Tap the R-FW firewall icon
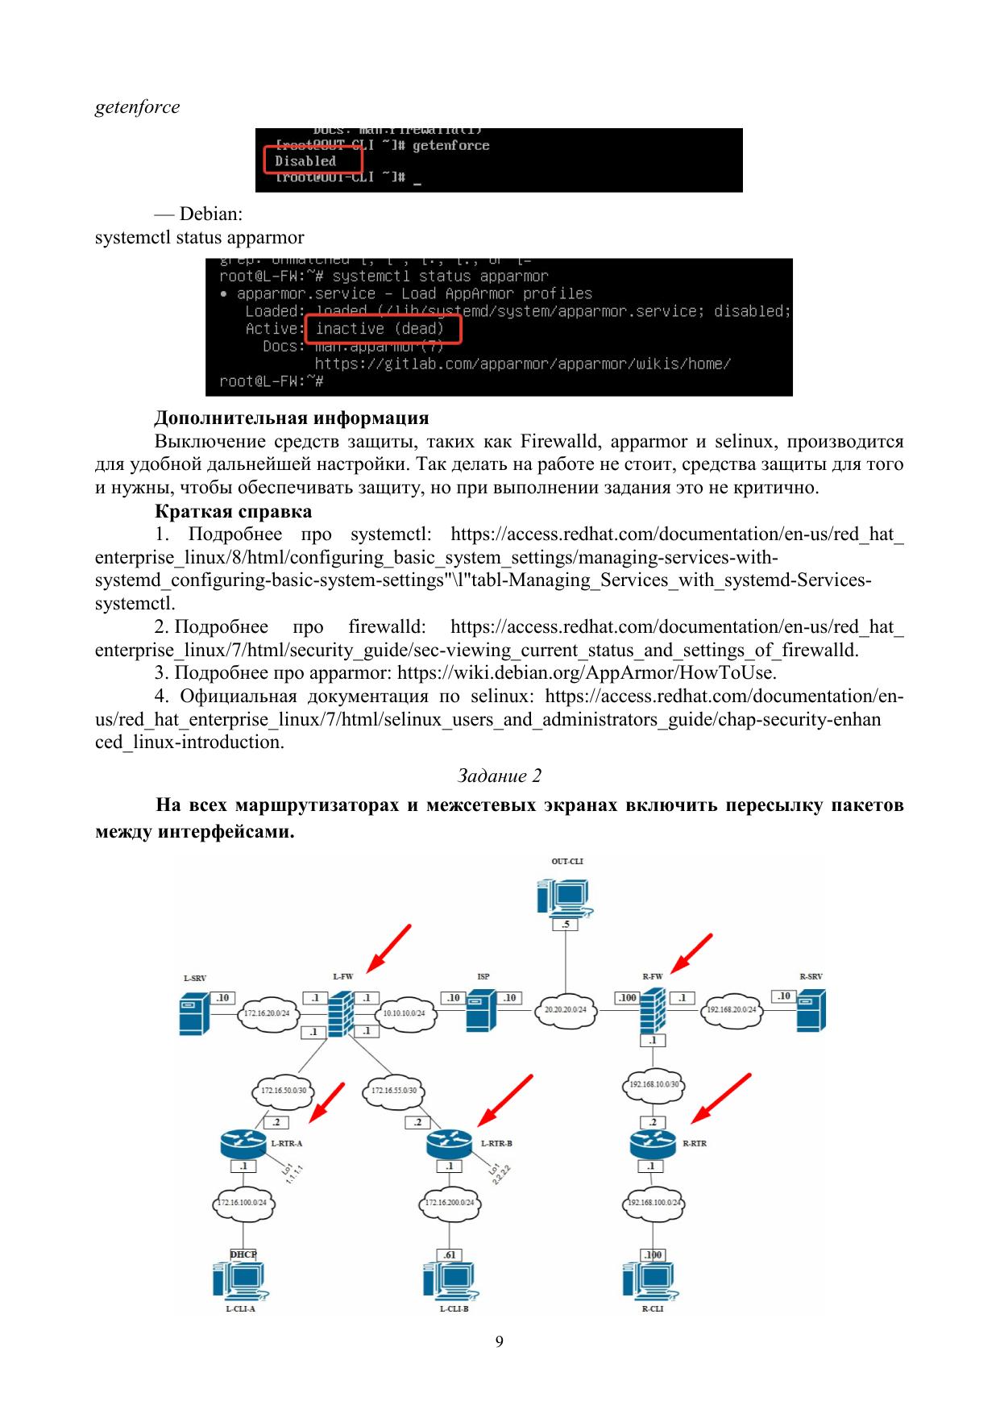653,1009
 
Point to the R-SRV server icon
811,1012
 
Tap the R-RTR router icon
652,1142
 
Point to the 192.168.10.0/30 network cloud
653,1083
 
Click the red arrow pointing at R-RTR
722,1097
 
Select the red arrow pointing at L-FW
388,949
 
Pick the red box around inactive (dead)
383,329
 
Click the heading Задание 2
499,776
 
